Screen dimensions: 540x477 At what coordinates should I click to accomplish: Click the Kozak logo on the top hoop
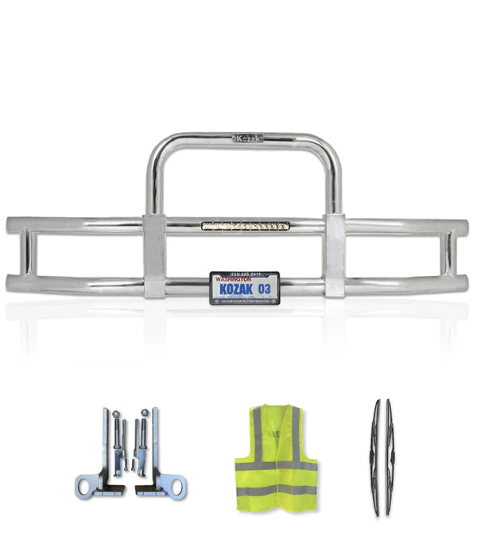247,138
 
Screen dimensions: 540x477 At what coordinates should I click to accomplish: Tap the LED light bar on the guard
246,226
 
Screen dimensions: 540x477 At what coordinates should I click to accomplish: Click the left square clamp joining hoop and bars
154,254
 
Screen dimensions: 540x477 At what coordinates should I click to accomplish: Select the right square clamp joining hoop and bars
335,254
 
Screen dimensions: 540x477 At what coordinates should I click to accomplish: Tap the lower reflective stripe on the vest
276,491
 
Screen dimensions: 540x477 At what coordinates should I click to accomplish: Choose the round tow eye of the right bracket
176,485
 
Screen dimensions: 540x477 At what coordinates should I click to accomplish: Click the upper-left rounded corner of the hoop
157,149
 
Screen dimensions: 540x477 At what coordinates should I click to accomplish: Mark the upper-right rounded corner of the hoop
330,149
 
